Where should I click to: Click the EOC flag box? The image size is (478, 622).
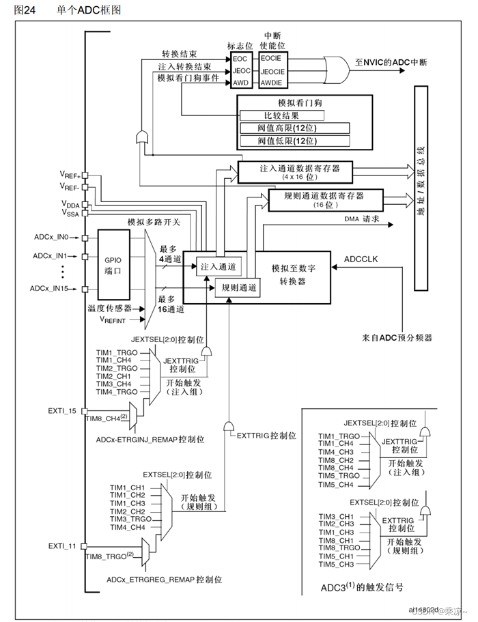[x=241, y=59]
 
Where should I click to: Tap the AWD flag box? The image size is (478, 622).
[x=241, y=82]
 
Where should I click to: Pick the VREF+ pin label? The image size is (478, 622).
[x=70, y=175]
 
